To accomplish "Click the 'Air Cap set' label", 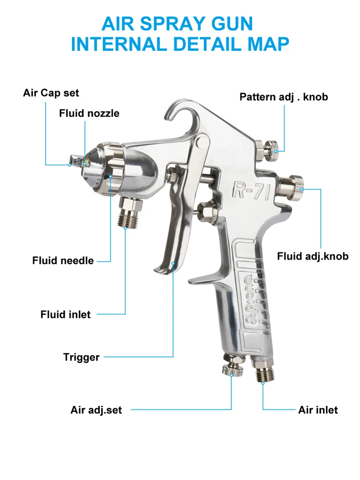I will pos(51,93).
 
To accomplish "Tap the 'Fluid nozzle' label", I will pos(89,113).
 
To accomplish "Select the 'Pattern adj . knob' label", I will pos(284,96).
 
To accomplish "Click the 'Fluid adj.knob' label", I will pos(312,256).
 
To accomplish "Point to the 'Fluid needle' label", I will pos(63,261).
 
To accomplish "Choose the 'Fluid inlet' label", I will pos(65,315).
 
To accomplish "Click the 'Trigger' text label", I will pos(81,357).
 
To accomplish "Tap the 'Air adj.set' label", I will pos(96,410).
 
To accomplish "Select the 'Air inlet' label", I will pos(318,410).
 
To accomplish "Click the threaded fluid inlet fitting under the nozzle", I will pos(131,211).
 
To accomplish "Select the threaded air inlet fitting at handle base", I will pos(263,369).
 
